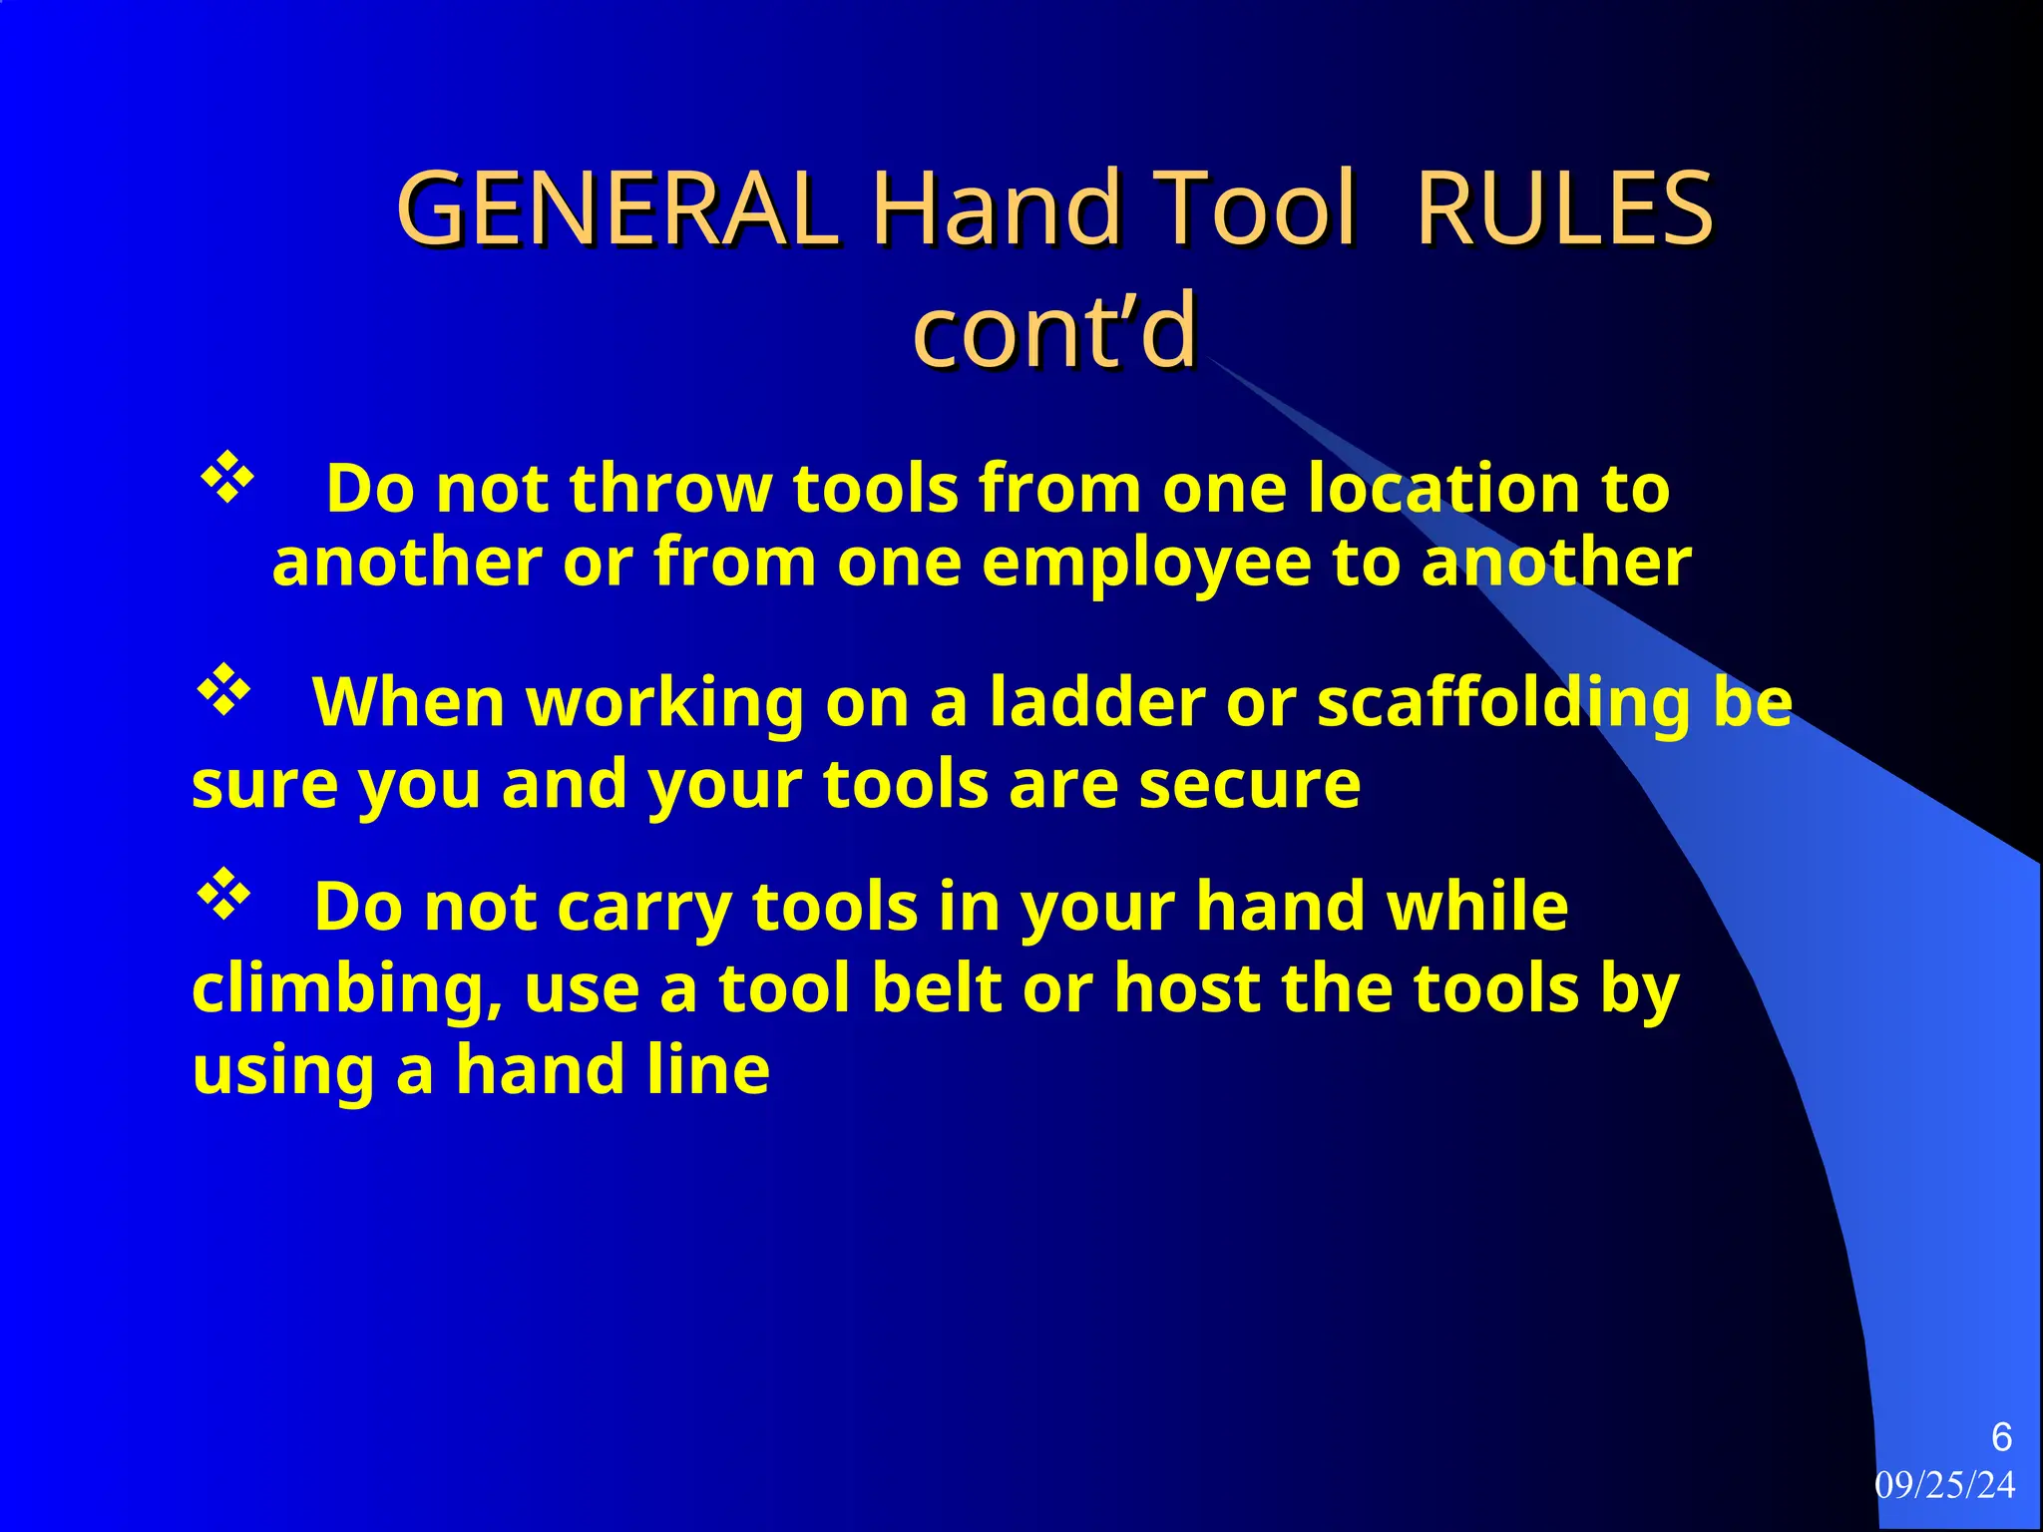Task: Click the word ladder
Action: point(1097,702)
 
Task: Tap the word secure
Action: point(1249,784)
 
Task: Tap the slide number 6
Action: point(2000,1437)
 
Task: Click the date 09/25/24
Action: point(1944,1485)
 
